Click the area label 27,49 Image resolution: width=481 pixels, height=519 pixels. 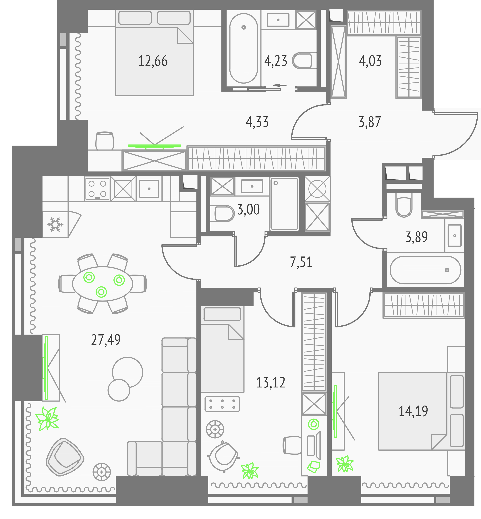pyautogui.click(x=106, y=340)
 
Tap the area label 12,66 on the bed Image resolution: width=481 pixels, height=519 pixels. pyautogui.click(x=153, y=61)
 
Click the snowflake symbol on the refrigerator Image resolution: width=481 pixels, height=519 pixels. pyautogui.click(x=55, y=224)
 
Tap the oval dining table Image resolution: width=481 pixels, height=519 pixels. pyautogui.click(x=103, y=284)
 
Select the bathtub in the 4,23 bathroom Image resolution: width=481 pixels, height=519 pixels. pyautogui.click(x=244, y=48)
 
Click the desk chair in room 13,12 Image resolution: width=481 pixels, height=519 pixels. pyautogui.click(x=292, y=445)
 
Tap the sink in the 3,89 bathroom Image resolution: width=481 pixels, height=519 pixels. pyautogui.click(x=454, y=236)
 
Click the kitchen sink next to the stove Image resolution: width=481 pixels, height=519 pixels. pyautogui.click(x=149, y=189)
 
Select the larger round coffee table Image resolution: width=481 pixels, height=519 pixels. pyautogui.click(x=128, y=372)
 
